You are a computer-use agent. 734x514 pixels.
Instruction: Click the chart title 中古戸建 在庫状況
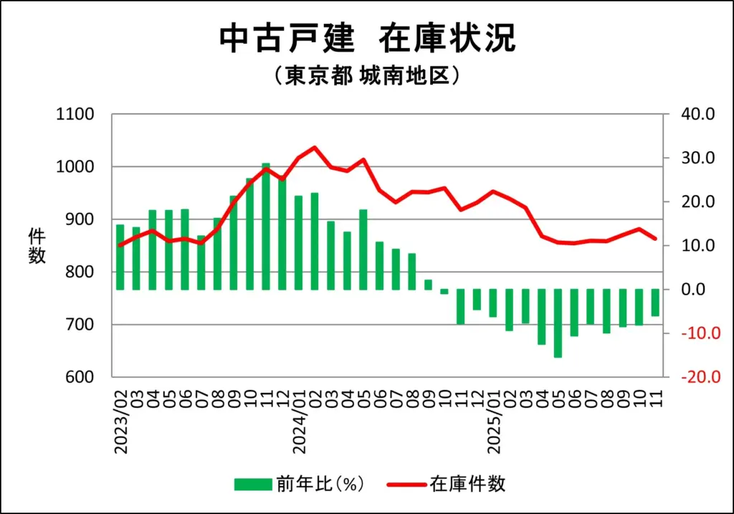(367, 39)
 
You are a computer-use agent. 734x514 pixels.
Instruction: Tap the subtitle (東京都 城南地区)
(366, 76)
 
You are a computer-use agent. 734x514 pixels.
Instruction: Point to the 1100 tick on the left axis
(75, 115)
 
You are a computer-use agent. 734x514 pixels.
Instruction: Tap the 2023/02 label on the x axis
(120, 423)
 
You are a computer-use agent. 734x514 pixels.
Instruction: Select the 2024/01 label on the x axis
(300, 423)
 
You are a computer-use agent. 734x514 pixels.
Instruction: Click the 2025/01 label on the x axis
(495, 423)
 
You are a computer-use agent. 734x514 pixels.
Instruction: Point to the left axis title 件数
(37, 246)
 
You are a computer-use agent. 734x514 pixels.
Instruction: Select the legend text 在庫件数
(468, 484)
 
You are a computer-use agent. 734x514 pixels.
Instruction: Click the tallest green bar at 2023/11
(266, 227)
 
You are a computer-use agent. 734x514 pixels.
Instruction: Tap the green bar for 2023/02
(120, 257)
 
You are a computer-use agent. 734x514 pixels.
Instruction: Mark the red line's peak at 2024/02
(315, 148)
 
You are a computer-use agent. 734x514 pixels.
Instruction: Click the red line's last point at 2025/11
(655, 239)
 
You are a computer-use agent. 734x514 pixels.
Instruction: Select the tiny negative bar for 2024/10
(444, 292)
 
